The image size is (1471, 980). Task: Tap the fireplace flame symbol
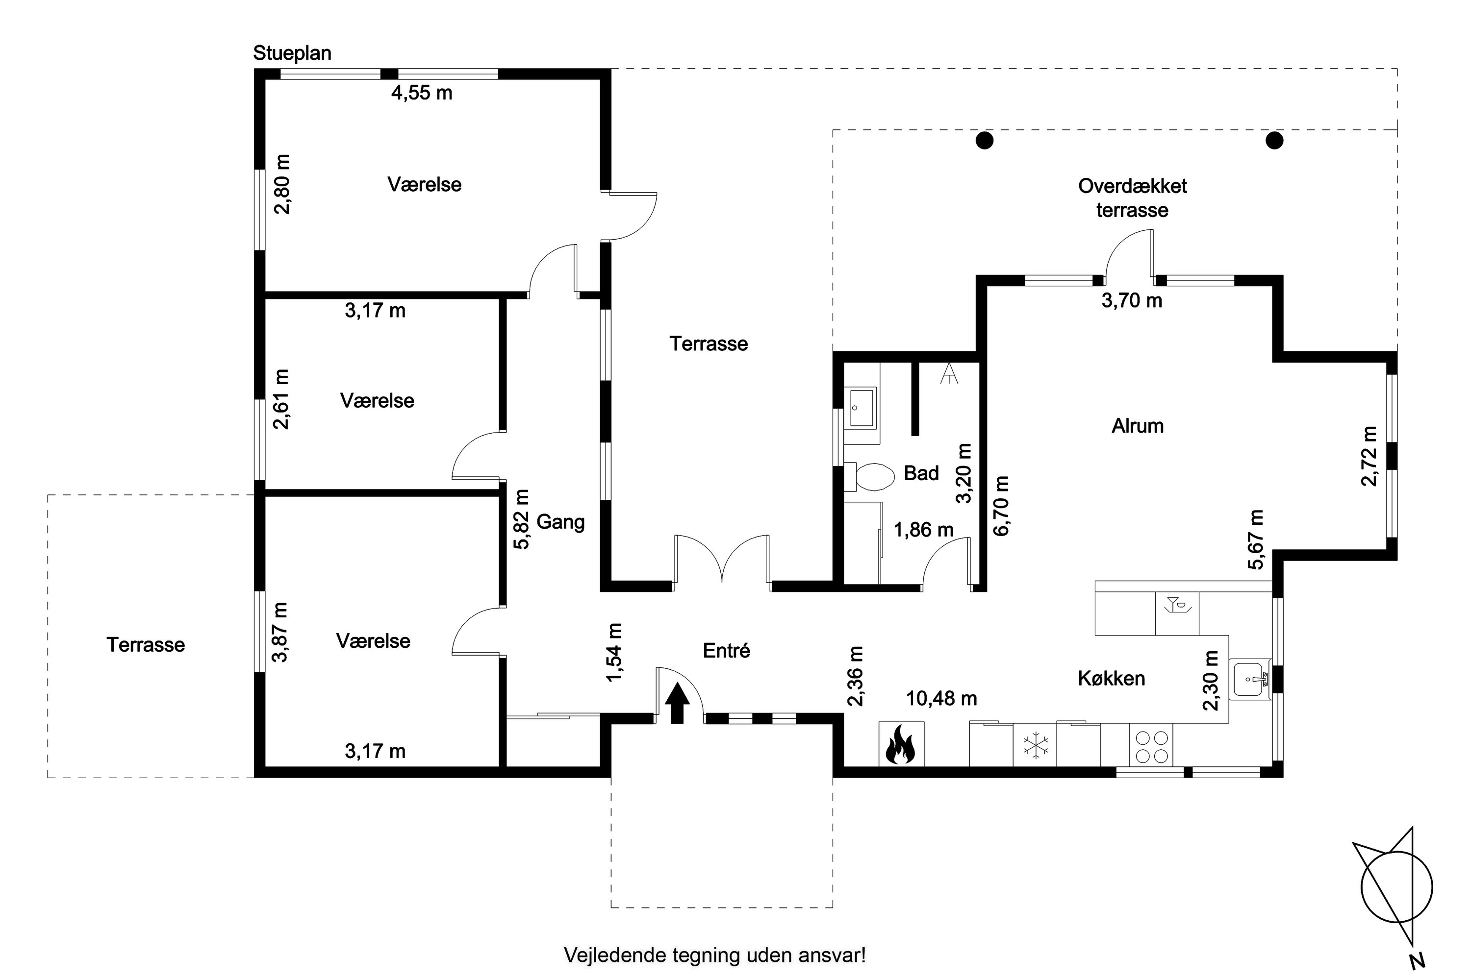[901, 744]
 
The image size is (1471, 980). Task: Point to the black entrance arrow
[677, 703]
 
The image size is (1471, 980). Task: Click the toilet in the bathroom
[869, 477]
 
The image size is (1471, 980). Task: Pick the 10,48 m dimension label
[941, 698]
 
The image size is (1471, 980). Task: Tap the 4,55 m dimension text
[422, 93]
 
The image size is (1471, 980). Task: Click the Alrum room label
[1138, 426]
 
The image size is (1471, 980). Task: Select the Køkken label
[1112, 679]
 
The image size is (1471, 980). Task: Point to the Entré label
[726, 651]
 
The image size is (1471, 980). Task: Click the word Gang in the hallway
[560, 522]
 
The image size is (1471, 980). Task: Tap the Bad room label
[921, 473]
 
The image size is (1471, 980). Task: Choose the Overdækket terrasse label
[1133, 197]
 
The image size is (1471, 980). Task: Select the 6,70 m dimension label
[1001, 506]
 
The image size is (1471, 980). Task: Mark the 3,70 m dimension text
[1132, 301]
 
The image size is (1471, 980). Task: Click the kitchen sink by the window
[1249, 679]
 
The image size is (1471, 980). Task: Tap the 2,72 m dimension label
[1369, 456]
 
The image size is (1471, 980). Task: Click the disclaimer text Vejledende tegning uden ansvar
[715, 955]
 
